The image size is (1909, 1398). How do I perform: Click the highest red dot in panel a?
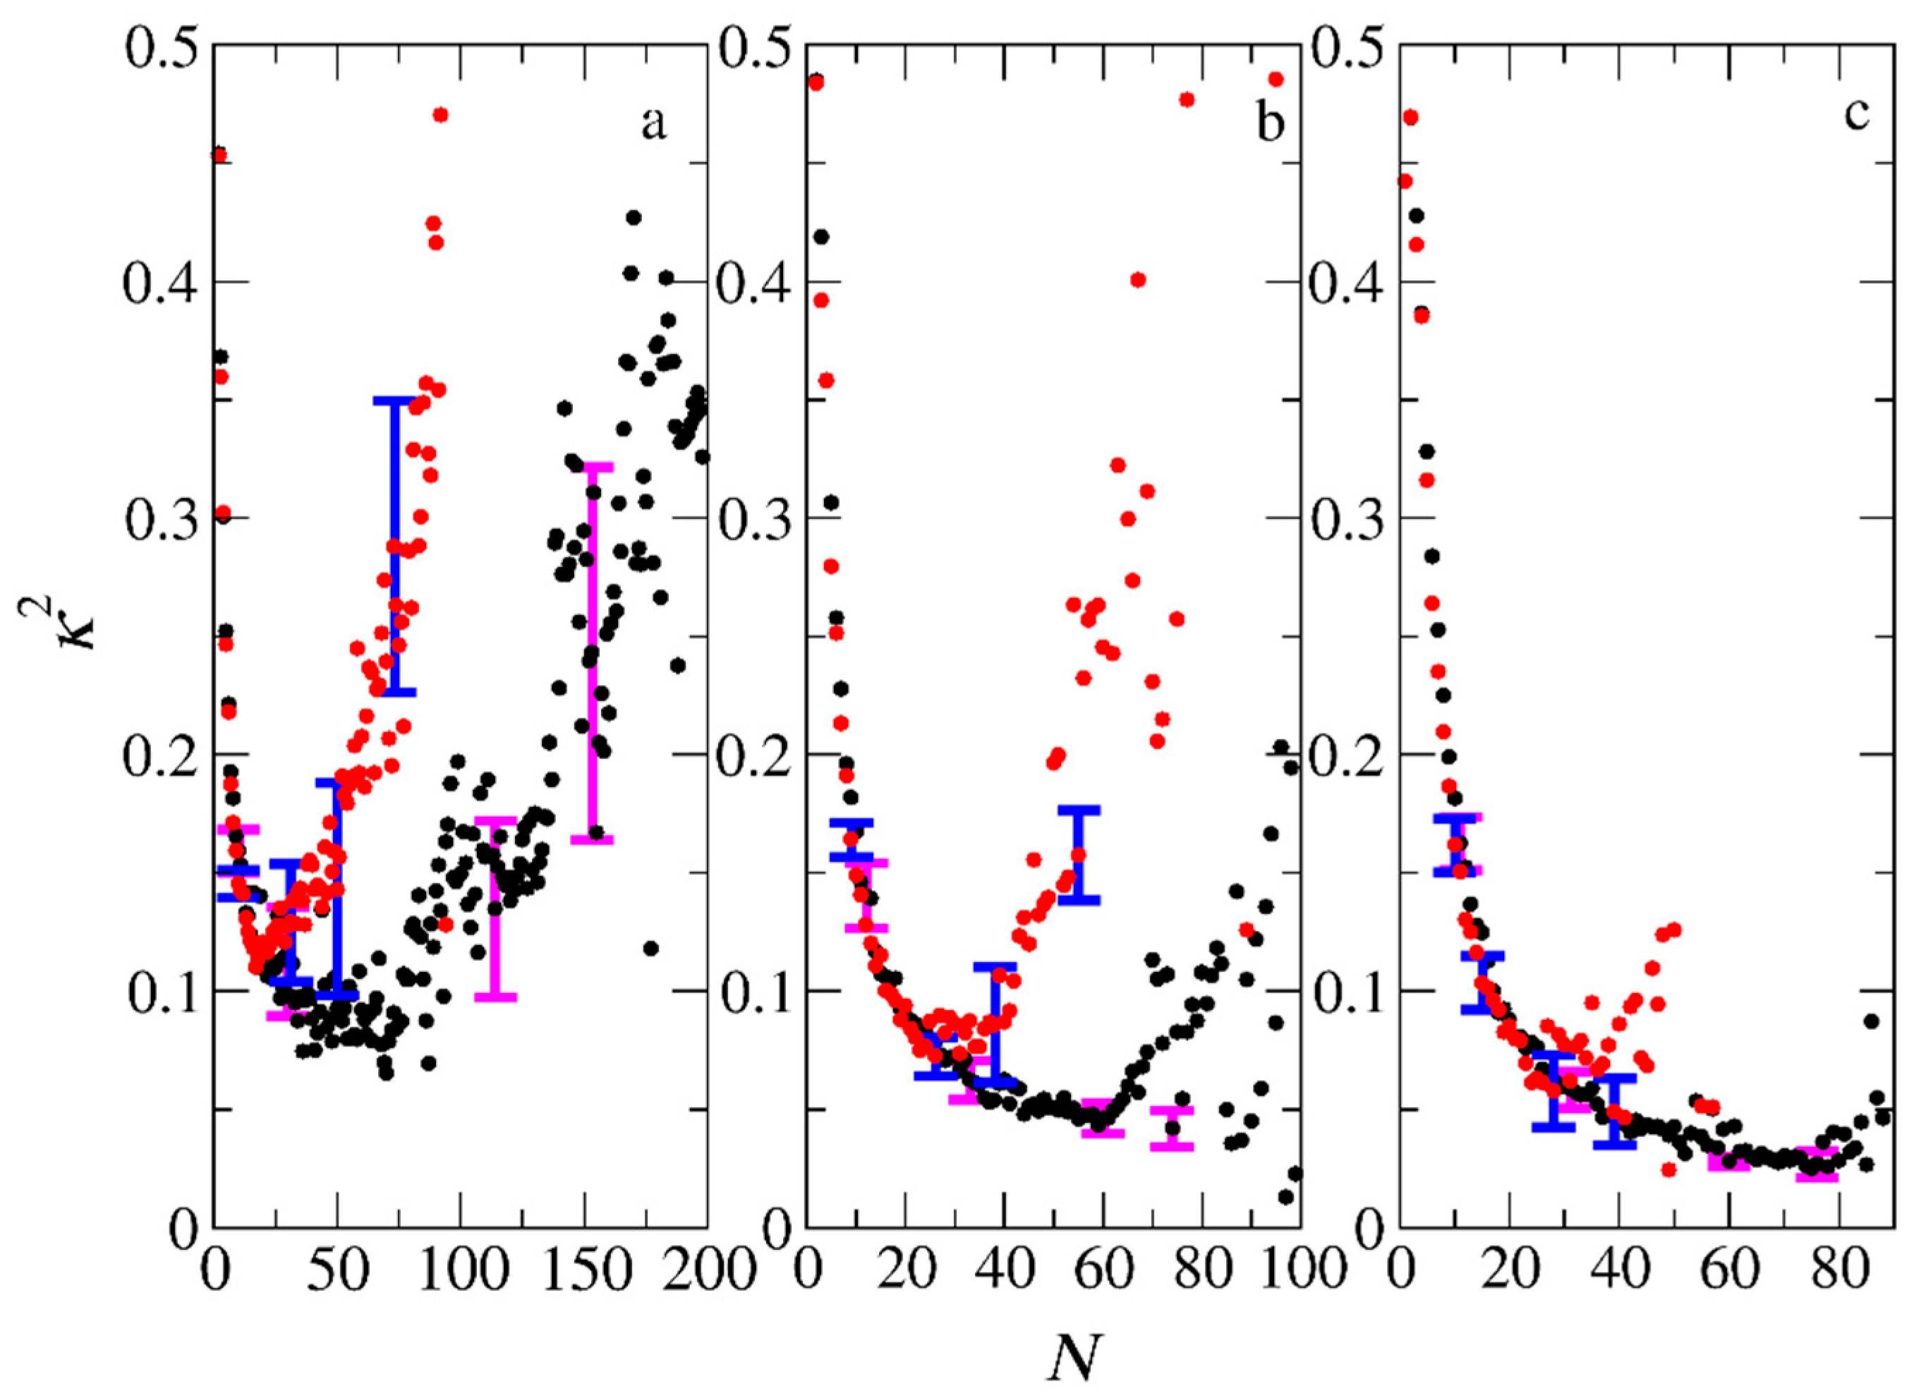tap(440, 115)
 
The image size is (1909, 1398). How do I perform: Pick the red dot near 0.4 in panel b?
tap(1138, 280)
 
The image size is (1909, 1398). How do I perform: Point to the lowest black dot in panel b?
tap(1286, 1196)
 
